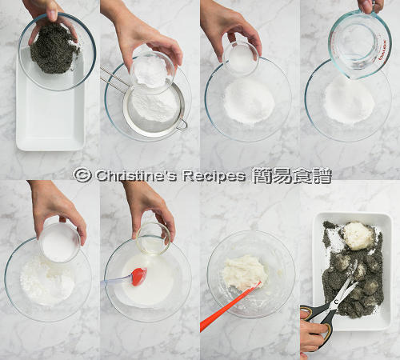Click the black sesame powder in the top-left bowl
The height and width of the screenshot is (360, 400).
click(x=54, y=50)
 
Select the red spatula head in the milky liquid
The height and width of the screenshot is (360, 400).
click(x=139, y=277)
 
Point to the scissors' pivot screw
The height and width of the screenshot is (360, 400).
click(x=337, y=302)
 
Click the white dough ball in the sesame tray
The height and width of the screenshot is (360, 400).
click(x=358, y=236)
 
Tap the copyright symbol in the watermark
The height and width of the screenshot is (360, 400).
click(x=82, y=175)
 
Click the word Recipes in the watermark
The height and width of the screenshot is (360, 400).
click(x=214, y=176)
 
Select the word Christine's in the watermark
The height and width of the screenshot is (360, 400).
click(x=136, y=176)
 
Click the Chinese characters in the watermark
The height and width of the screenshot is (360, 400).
click(x=291, y=176)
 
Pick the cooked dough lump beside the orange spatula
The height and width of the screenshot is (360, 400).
click(x=245, y=272)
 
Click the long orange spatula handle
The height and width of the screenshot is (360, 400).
click(x=229, y=306)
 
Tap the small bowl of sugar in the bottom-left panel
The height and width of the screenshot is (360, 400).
click(x=59, y=242)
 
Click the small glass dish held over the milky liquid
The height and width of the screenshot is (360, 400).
click(x=153, y=238)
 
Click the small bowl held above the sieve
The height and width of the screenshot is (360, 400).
click(x=153, y=73)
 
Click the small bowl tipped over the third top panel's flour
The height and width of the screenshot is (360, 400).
click(x=242, y=58)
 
